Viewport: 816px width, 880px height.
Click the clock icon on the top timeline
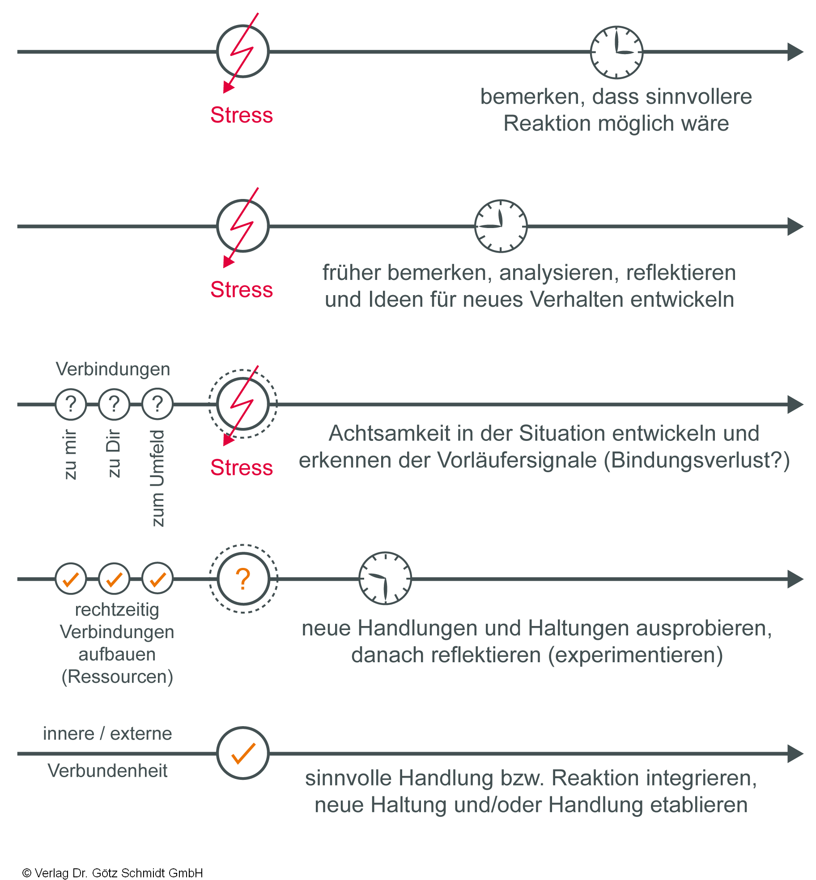pyautogui.click(x=616, y=52)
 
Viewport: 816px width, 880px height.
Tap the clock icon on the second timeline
pyautogui.click(x=501, y=226)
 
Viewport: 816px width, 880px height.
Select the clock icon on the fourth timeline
pyautogui.click(x=385, y=578)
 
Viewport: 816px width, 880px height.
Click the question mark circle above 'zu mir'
pyautogui.click(x=71, y=404)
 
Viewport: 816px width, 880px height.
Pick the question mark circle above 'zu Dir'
pyautogui.click(x=114, y=404)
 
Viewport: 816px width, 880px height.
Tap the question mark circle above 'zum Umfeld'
pyautogui.click(x=157, y=404)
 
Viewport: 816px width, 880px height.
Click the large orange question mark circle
pyautogui.click(x=243, y=579)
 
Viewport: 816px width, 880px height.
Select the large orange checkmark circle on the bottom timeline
pyautogui.click(x=243, y=753)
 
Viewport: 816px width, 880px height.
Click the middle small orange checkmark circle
pyautogui.click(x=114, y=579)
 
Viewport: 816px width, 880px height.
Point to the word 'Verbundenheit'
pyautogui.click(x=107, y=771)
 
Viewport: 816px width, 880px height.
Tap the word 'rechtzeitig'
pyautogui.click(x=117, y=610)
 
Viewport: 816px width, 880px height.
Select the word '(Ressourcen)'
pyautogui.click(x=117, y=677)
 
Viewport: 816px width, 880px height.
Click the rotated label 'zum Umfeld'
pyautogui.click(x=157, y=478)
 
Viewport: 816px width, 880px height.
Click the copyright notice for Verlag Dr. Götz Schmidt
pyautogui.click(x=113, y=873)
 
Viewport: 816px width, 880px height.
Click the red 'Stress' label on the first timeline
pyautogui.click(x=242, y=115)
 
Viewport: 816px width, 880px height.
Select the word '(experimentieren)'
pyautogui.click(x=636, y=655)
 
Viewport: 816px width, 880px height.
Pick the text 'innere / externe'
pyautogui.click(x=107, y=734)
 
